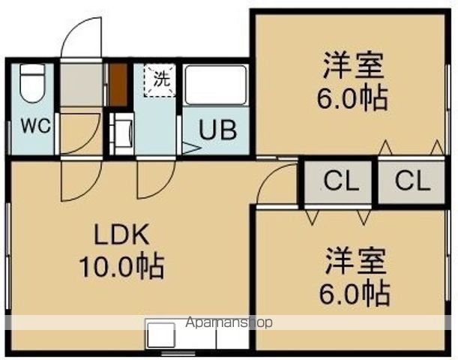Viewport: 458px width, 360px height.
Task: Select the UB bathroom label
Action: click(x=217, y=129)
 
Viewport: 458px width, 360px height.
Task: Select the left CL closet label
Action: click(x=341, y=181)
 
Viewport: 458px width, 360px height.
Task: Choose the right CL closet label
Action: click(x=413, y=181)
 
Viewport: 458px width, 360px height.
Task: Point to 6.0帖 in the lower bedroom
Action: click(x=355, y=292)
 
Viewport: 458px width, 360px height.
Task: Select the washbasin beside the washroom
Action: click(x=122, y=133)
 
